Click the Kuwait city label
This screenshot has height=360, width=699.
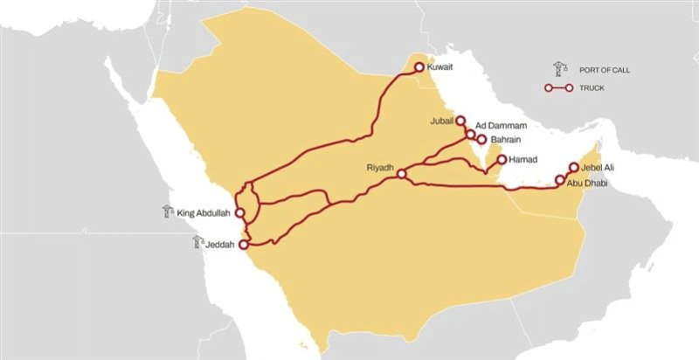click(440, 66)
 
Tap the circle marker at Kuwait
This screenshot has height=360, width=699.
click(419, 66)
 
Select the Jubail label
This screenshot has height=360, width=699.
click(443, 121)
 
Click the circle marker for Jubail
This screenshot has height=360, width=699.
click(461, 121)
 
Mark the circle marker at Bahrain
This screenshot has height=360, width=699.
click(481, 139)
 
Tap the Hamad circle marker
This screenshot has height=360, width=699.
click(502, 160)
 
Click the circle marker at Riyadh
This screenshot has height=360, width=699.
click(401, 175)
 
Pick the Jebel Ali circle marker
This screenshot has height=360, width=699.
click(574, 167)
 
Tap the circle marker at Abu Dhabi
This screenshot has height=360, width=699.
click(560, 181)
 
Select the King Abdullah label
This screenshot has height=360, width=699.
click(204, 211)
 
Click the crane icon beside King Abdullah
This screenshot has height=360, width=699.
click(168, 211)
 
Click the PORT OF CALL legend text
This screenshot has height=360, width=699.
click(604, 69)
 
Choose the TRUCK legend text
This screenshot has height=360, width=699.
click(591, 88)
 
